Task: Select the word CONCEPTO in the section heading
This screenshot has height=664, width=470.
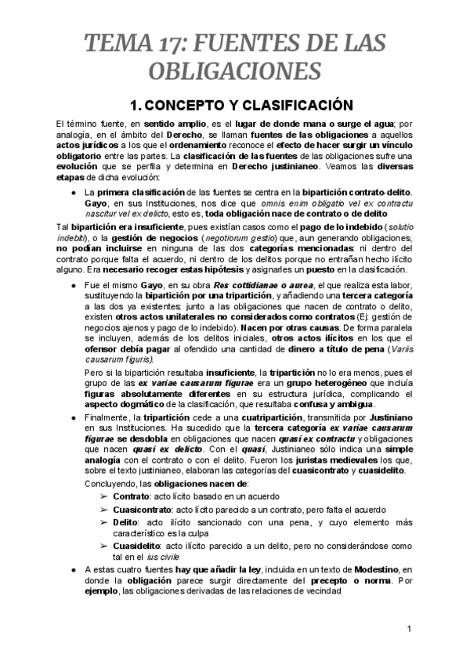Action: [x=193, y=104]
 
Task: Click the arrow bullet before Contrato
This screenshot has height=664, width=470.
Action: [x=104, y=496]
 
